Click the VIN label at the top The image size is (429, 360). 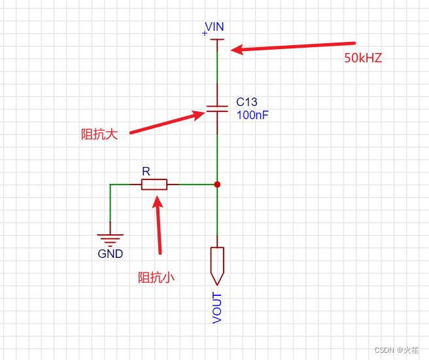(x=214, y=27)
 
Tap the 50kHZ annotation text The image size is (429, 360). (x=363, y=58)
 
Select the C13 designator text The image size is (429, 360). (x=247, y=102)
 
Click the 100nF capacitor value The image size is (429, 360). (x=252, y=115)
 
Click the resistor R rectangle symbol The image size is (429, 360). (x=154, y=185)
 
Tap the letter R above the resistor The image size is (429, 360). (x=146, y=171)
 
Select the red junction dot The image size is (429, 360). (x=217, y=185)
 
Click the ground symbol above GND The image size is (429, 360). (x=110, y=240)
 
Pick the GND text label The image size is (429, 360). (x=110, y=254)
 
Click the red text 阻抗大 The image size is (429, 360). (x=99, y=134)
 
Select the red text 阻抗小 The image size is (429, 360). (x=156, y=277)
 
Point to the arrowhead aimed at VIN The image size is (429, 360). (x=237, y=49)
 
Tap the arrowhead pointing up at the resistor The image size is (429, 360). (x=158, y=198)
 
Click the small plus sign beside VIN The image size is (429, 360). (x=205, y=32)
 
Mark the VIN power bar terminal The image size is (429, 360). (x=217, y=40)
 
